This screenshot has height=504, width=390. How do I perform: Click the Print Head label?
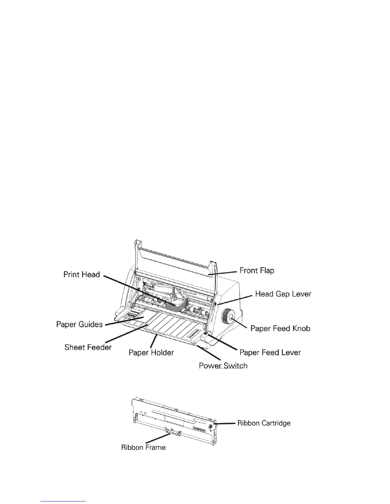(x=82, y=275)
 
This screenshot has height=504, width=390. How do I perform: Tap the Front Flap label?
(x=257, y=270)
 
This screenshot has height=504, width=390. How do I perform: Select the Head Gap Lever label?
(x=283, y=294)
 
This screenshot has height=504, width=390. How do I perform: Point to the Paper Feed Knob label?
(x=280, y=328)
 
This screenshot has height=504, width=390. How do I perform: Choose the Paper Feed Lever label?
(x=270, y=353)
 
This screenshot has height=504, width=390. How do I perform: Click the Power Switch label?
(x=223, y=366)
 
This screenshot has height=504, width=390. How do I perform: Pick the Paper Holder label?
(x=151, y=353)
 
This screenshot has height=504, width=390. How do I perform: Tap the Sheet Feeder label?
(x=88, y=347)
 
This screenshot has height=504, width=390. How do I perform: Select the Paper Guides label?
(x=79, y=324)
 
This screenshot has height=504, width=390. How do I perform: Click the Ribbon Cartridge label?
(x=264, y=423)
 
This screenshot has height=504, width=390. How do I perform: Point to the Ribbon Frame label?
(x=143, y=447)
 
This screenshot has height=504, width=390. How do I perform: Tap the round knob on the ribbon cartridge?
(x=211, y=426)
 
